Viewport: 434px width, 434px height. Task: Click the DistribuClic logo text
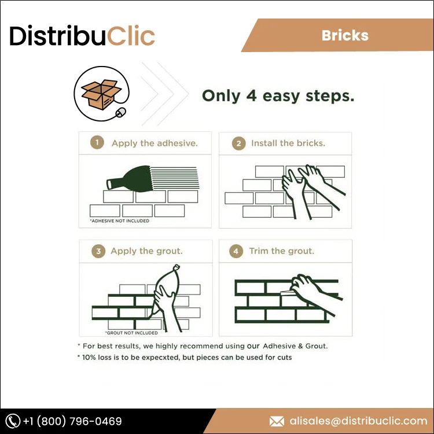click(82, 36)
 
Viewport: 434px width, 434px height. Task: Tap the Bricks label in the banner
click(345, 35)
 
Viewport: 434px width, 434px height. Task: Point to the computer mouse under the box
click(120, 112)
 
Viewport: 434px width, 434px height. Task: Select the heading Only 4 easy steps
click(278, 95)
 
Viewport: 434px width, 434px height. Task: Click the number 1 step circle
click(98, 143)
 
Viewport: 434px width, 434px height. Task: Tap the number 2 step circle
click(238, 144)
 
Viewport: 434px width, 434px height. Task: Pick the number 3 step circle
click(98, 251)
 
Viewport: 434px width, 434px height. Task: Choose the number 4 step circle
click(236, 251)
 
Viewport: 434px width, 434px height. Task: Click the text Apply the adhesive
click(155, 143)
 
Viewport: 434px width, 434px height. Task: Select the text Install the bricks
click(288, 143)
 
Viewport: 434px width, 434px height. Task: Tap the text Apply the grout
click(146, 251)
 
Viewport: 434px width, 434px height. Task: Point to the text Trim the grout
click(282, 251)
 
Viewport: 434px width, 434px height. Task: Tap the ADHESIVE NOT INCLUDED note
click(119, 221)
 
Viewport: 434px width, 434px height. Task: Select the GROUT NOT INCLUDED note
click(131, 333)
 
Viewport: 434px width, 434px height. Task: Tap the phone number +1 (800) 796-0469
click(72, 421)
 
